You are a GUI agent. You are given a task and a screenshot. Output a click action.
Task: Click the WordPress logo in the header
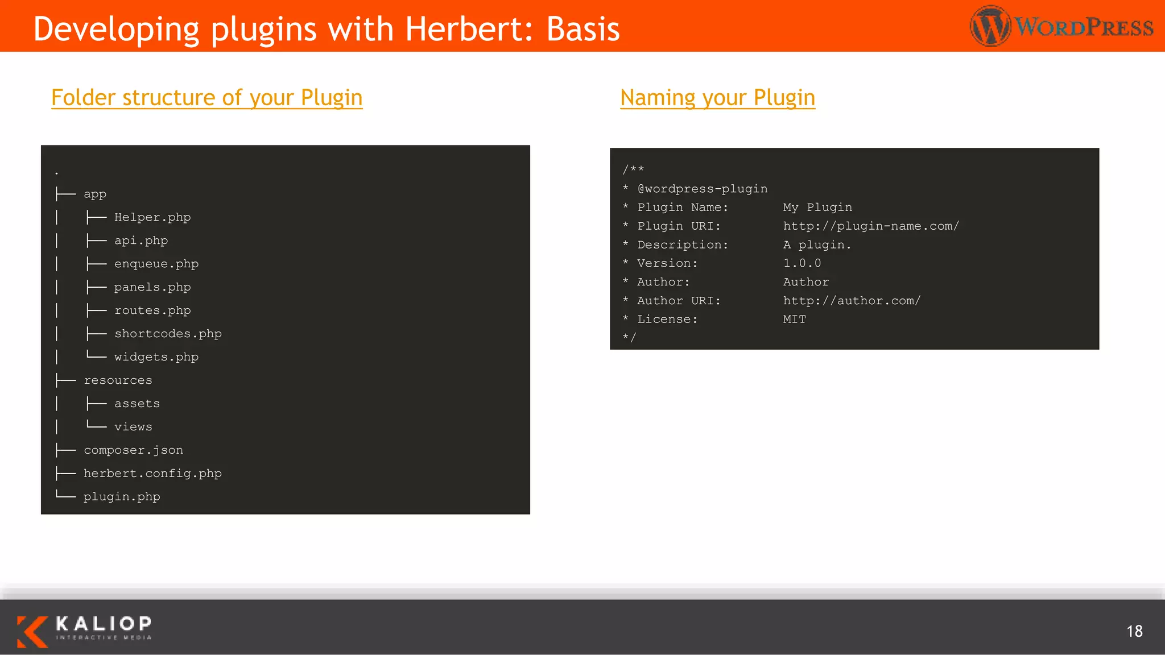1061,26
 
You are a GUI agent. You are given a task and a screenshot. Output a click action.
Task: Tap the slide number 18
1134,631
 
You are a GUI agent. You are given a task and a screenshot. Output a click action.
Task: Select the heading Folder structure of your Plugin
206,98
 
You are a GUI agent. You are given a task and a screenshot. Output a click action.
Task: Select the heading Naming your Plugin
717,98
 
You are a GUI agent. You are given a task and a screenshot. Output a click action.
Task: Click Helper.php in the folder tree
152,217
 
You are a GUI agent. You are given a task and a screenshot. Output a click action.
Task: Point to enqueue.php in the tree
156,264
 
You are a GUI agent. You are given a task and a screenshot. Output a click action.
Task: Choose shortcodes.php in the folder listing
168,334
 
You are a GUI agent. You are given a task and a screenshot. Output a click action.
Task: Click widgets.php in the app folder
156,357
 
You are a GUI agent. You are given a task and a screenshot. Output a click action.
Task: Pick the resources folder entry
118,380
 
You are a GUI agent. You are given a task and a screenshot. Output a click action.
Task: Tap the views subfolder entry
133,427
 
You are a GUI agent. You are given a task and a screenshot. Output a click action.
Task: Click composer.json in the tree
133,450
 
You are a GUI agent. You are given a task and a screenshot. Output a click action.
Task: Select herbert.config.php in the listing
152,474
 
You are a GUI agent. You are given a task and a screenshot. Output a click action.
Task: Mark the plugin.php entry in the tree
122,497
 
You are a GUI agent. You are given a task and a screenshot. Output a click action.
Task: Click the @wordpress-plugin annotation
703,189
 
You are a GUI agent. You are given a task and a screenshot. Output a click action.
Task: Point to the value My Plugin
817,208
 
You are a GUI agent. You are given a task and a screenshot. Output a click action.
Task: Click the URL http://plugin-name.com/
871,226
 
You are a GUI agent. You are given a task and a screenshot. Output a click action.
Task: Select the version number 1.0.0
802,263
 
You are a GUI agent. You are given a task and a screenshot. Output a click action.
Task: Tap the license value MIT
794,320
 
